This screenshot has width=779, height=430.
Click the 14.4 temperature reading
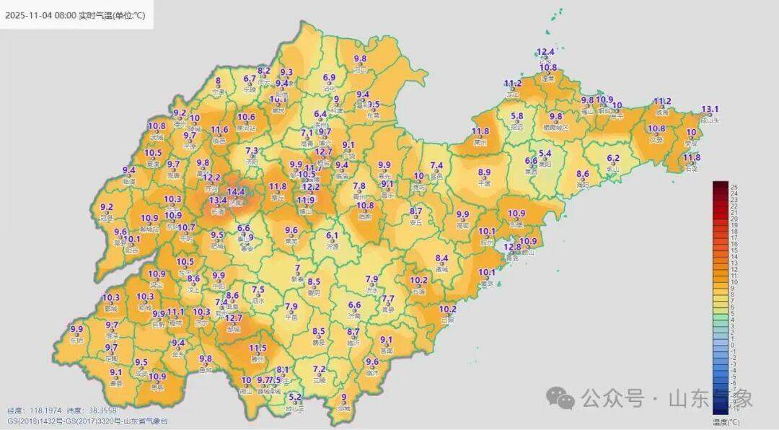coord(236,192)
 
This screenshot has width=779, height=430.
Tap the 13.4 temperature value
coord(218,200)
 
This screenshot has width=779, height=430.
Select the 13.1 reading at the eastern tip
coord(710,109)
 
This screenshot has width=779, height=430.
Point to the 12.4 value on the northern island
coord(546,52)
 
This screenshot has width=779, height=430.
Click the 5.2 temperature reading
coord(295,396)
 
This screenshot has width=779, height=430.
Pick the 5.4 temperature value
coord(545,153)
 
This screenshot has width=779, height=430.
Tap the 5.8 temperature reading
coord(516,115)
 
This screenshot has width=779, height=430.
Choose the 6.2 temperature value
coord(613,158)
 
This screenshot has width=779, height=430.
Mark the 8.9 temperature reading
coord(484,172)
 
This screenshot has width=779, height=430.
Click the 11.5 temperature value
coord(258,348)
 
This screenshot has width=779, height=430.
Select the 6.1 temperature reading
coord(333,235)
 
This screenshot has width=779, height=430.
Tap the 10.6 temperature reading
coord(247,117)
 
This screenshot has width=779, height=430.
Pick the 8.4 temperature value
coord(442,258)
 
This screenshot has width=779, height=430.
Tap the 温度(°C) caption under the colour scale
coord(726,420)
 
